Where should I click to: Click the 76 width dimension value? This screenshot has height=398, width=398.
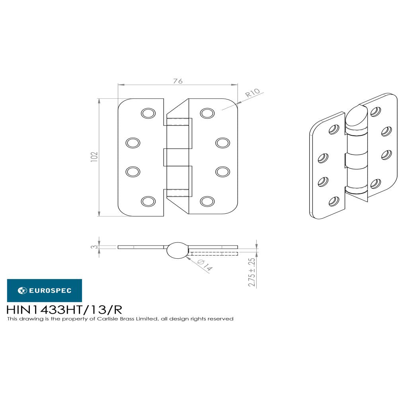tap(178, 81)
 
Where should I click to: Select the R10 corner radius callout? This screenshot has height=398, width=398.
tap(252, 94)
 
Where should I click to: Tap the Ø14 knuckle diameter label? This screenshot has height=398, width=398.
tap(205, 265)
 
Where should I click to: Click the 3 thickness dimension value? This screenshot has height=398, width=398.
tap(94, 247)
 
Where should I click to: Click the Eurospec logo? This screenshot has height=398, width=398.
tap(45, 291)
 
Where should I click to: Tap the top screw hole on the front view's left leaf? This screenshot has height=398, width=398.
tap(148, 113)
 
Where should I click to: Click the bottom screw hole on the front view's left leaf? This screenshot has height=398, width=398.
tap(148, 201)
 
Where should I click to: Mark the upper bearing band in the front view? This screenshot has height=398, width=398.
tap(178, 122)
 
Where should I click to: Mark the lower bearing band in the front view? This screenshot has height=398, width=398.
tap(178, 193)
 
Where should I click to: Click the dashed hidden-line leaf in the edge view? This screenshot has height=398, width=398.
tap(214, 253)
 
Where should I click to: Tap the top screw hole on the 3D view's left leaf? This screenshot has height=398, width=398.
tap(334, 129)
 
